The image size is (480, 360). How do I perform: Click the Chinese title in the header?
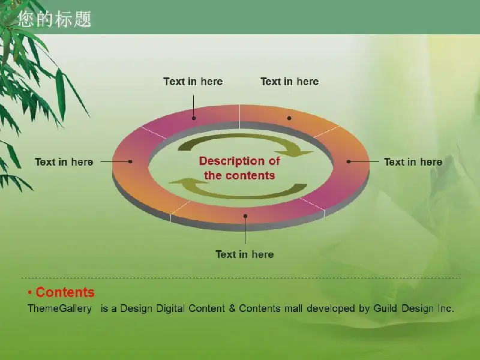pyautogui.click(x=55, y=19)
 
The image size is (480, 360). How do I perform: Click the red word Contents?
pyautogui.click(x=65, y=292)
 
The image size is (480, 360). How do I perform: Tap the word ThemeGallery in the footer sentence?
pyautogui.click(x=59, y=308)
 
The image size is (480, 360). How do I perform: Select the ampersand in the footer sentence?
pyautogui.click(x=232, y=308)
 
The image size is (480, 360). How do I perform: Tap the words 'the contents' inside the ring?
pyautogui.click(x=239, y=175)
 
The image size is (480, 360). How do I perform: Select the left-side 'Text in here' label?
pyautogui.click(x=64, y=162)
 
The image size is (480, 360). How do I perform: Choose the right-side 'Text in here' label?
pyautogui.click(x=413, y=162)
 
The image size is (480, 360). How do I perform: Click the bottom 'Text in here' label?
pyautogui.click(x=245, y=254)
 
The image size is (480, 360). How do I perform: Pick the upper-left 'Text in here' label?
pyautogui.click(x=193, y=82)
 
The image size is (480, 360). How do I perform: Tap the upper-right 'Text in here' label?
pyautogui.click(x=290, y=82)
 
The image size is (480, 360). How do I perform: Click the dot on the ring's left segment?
pyautogui.click(x=130, y=161)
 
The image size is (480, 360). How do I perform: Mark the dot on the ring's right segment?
pyautogui.click(x=349, y=161)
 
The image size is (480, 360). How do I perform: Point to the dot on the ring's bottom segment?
pyautogui.click(x=245, y=216)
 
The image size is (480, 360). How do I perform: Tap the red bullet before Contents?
pyautogui.click(x=29, y=293)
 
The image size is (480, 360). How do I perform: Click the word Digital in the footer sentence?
pyautogui.click(x=170, y=308)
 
